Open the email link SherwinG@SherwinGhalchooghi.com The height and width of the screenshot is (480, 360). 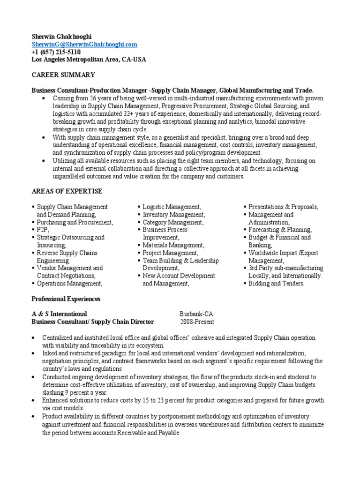84,44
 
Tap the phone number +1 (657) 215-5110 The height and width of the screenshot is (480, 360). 56,52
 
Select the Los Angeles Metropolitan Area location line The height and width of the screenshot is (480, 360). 89,60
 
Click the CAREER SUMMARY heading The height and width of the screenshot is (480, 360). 63,75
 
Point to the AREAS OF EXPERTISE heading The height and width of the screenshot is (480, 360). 67,191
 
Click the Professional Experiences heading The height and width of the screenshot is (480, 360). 66,299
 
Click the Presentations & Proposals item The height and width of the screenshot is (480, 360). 283,207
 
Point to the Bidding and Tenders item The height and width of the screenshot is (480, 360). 277,284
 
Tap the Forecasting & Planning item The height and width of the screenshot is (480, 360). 280,230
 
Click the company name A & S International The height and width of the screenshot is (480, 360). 59,314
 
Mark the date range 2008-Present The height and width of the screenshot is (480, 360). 197,322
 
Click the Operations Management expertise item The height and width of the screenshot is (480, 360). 69,284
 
